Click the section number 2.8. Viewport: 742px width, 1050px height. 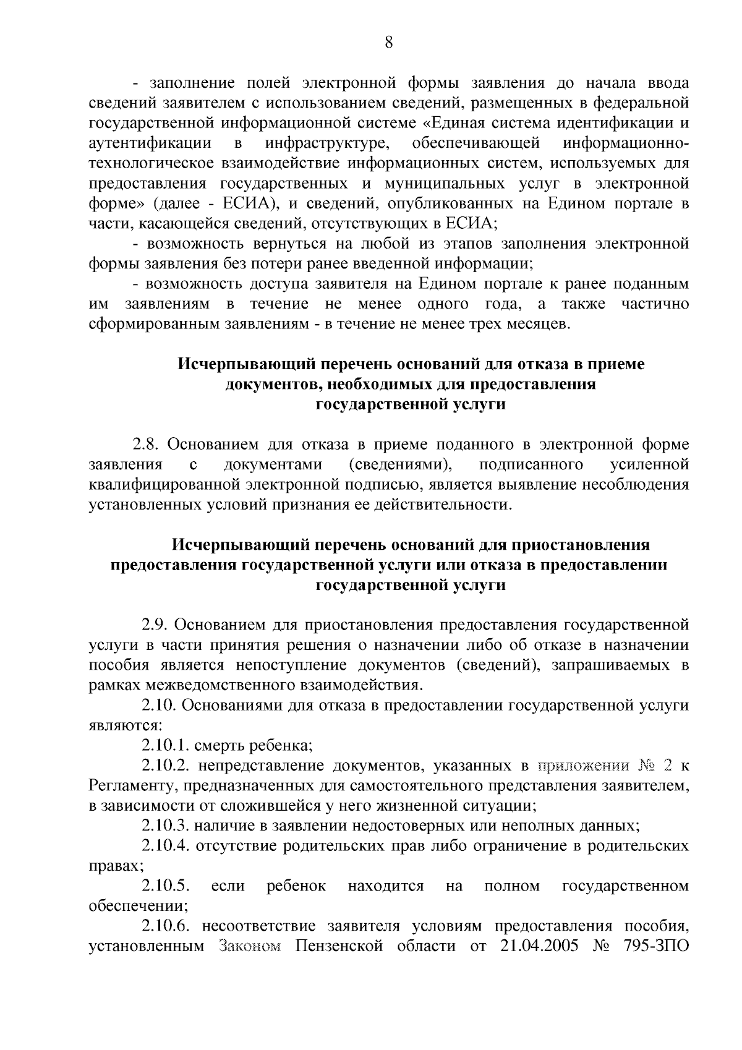point(147,445)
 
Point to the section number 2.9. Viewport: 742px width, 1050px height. point(155,625)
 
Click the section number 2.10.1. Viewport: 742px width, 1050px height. point(165,746)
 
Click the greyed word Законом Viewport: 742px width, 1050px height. point(249,947)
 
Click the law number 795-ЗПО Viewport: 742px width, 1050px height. point(653,947)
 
